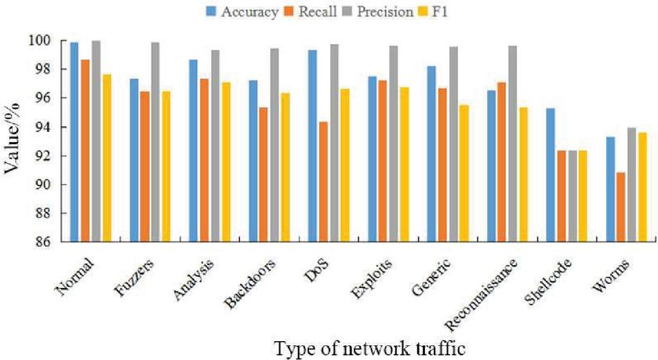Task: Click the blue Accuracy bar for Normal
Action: [x=75, y=141]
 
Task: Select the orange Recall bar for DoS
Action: [x=323, y=181]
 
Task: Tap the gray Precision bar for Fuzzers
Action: [x=155, y=142]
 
